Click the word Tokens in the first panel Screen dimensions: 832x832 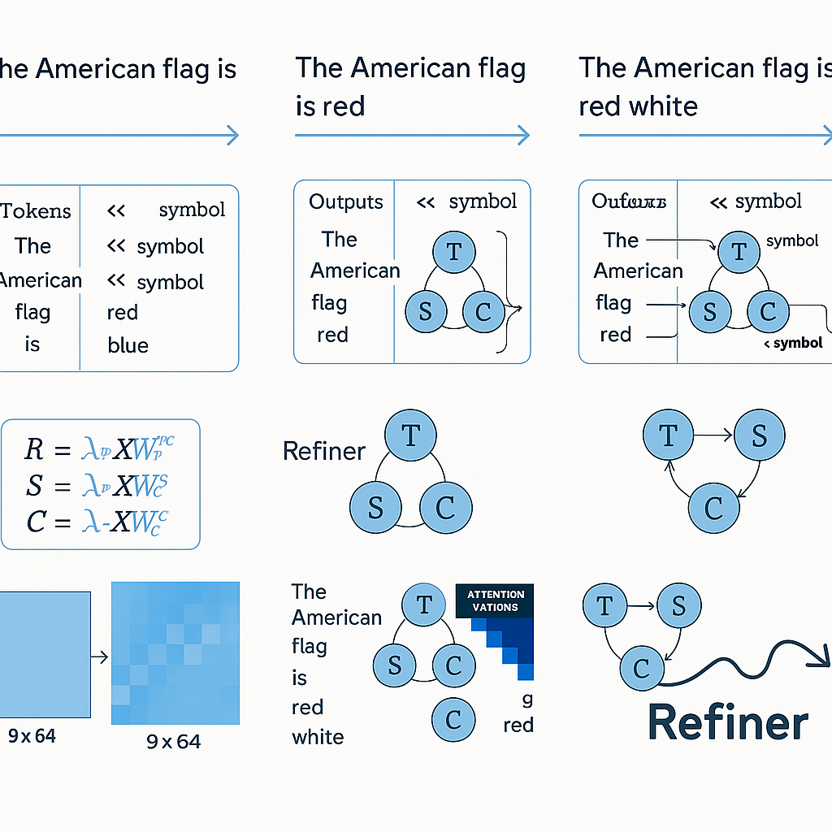click(x=36, y=211)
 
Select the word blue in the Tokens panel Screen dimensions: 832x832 click(x=128, y=345)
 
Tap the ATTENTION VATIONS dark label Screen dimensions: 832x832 click(x=496, y=600)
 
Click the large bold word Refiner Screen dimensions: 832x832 click(x=728, y=722)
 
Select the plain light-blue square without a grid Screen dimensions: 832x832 click(x=45, y=654)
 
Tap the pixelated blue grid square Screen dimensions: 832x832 click(x=175, y=653)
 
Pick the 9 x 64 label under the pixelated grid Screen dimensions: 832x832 click(x=173, y=741)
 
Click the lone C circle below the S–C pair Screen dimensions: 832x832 click(x=453, y=718)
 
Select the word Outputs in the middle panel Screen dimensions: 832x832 click(x=346, y=201)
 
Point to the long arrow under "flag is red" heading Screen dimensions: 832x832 click(x=412, y=136)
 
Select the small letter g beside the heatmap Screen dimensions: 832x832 click(x=527, y=698)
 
